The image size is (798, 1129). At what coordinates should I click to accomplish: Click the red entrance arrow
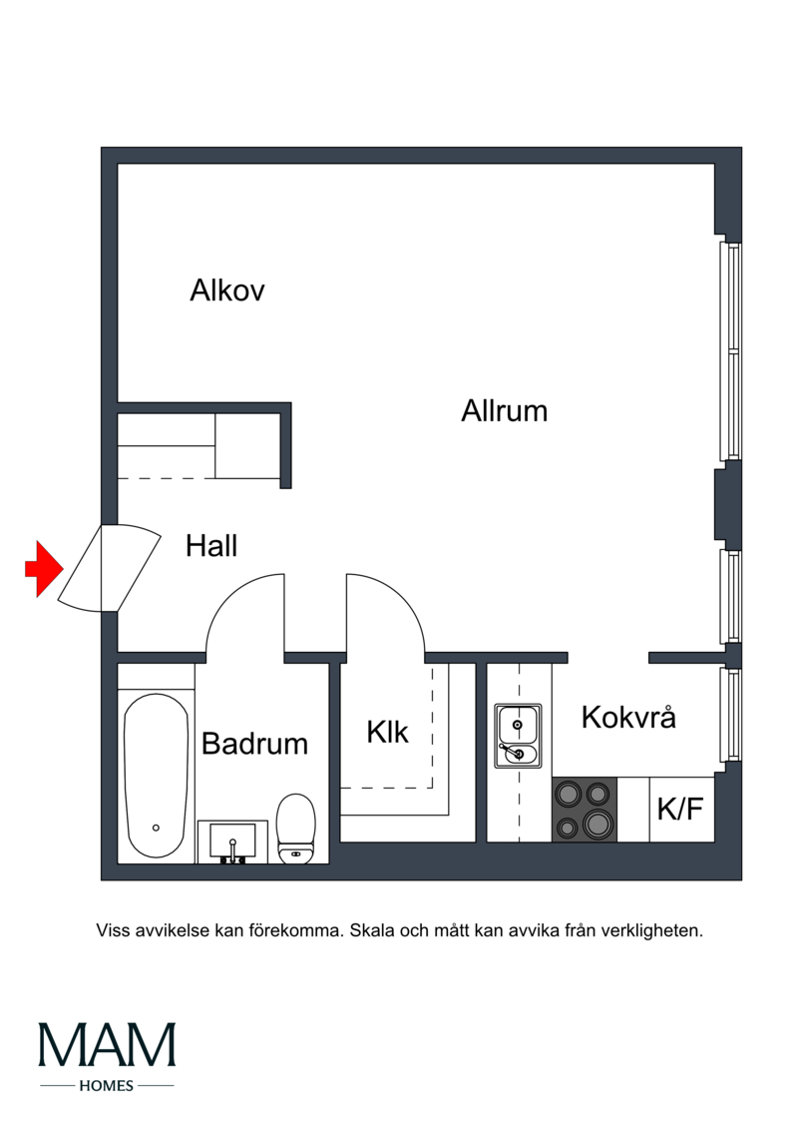(44, 570)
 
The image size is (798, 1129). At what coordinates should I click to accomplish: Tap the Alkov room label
(227, 290)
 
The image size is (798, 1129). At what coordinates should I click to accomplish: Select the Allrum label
(505, 411)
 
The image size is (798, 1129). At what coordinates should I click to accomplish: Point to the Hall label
(211, 546)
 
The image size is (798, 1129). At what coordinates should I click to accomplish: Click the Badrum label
(254, 743)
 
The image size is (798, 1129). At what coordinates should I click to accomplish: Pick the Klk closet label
(387, 733)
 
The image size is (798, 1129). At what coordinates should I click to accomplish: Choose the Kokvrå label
(628, 717)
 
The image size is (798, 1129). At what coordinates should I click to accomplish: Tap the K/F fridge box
(681, 810)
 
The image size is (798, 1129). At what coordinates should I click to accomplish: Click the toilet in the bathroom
(296, 828)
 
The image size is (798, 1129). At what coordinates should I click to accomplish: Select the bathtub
(157, 776)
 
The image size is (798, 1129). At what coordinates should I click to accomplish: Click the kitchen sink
(518, 735)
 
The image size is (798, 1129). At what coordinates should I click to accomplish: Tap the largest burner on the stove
(598, 823)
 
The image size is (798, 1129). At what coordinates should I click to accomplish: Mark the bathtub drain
(157, 828)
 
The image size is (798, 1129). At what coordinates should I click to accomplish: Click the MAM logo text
(107, 1045)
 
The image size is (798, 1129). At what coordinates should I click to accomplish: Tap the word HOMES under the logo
(107, 1086)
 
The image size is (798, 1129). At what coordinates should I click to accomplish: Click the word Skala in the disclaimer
(372, 930)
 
